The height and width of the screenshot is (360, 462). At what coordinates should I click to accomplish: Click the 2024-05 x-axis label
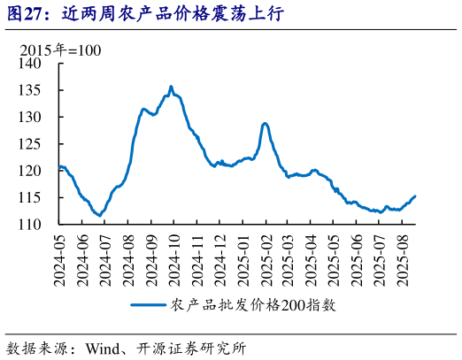coord(60,259)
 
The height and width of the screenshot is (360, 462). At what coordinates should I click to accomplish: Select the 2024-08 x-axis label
coord(128,259)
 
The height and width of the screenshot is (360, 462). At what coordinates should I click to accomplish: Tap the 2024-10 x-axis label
coord(173,259)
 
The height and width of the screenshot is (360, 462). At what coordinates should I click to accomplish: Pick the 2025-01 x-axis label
coord(242,259)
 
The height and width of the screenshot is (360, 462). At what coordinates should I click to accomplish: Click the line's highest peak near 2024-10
coord(171,87)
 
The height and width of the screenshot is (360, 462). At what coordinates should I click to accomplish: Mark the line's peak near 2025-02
coord(265,123)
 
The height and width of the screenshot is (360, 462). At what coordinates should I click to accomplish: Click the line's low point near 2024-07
coord(99,215)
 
